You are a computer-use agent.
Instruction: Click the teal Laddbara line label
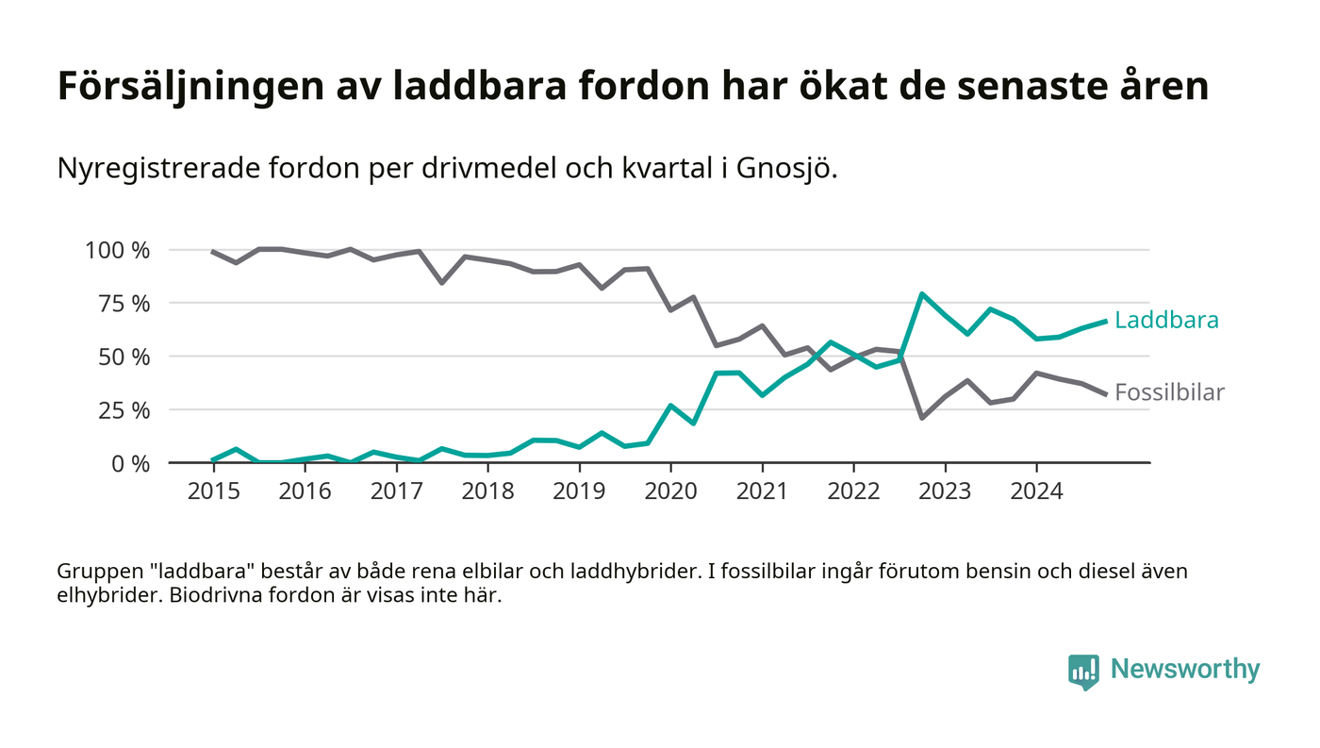[x=1166, y=320]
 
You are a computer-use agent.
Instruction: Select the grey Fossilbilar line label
[x=1169, y=392]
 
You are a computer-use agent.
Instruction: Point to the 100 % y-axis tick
[x=117, y=250]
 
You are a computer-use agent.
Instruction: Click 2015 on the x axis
[x=213, y=491]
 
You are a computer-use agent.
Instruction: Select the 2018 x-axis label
[x=487, y=491]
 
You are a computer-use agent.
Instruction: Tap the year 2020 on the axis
[x=670, y=491]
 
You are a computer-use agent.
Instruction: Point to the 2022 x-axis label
[x=853, y=491]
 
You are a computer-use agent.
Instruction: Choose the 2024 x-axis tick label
[x=1036, y=491]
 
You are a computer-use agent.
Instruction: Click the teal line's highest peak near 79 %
[x=921, y=294]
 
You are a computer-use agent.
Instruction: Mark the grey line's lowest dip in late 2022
[x=921, y=417]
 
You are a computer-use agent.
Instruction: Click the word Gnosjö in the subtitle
[x=788, y=169]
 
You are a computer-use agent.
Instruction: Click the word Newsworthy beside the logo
[x=1185, y=669]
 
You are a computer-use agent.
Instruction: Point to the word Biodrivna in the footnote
[x=212, y=597]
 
